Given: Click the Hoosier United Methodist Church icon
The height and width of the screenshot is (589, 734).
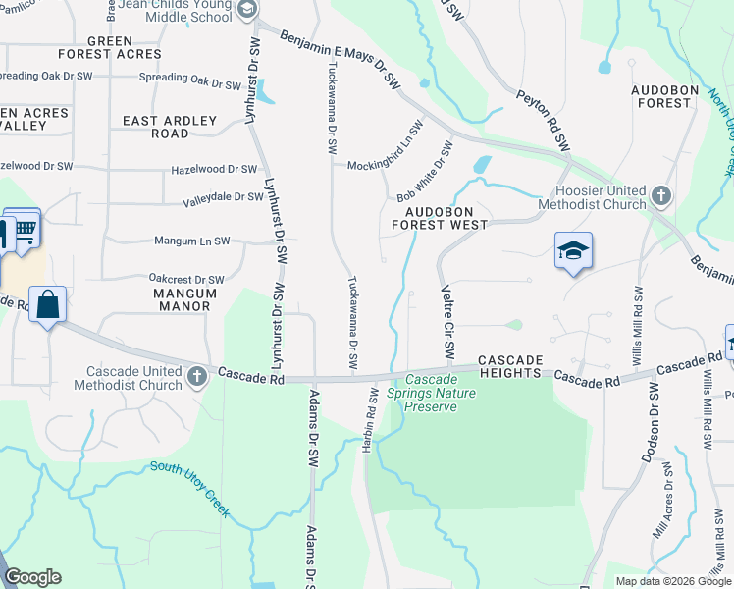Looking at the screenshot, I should click(661, 195).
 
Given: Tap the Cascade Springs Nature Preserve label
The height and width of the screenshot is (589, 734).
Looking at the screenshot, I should click(431, 393).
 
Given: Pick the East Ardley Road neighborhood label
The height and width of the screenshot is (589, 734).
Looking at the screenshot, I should click(170, 127).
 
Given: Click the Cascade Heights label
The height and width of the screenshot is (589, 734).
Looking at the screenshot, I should click(509, 367).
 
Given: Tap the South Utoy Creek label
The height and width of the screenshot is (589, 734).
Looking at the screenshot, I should click(191, 489).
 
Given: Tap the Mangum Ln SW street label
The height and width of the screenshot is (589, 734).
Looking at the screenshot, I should click(191, 241).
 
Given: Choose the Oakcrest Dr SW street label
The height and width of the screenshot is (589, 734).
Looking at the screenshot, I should click(186, 279).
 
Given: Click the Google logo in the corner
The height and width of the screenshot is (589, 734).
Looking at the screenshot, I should click(32, 577).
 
